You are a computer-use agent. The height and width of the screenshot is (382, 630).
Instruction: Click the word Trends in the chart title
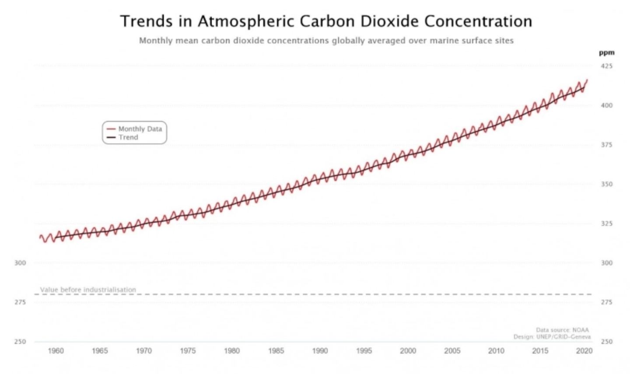point(146,21)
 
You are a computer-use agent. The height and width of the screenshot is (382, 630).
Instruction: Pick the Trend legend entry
point(128,137)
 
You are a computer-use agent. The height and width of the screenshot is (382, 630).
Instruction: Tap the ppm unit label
point(606,53)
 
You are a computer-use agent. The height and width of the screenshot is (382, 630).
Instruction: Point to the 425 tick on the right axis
point(606,66)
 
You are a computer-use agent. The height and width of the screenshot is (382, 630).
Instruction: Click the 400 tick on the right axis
point(606,105)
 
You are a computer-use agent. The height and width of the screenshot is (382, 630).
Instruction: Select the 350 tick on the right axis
point(606,184)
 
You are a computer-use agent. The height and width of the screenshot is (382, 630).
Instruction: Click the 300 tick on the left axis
point(20,263)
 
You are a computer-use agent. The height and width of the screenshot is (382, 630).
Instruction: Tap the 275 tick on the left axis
point(20,302)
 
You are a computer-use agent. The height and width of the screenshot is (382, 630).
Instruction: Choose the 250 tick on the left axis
point(20,341)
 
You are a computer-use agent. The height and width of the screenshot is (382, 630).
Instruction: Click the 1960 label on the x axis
point(56,351)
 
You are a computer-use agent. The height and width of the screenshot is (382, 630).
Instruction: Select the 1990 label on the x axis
point(320,351)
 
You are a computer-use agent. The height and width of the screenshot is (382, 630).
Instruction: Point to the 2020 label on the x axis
point(584,351)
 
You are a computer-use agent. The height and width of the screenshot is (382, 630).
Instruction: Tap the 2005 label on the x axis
point(452,351)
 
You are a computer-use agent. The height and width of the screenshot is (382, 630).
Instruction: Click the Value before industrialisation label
point(88,290)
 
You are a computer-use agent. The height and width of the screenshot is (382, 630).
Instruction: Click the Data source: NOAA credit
point(562,330)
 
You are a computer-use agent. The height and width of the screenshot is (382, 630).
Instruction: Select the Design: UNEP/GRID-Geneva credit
point(552,337)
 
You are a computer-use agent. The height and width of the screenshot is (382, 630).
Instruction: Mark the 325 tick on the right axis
point(606,223)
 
